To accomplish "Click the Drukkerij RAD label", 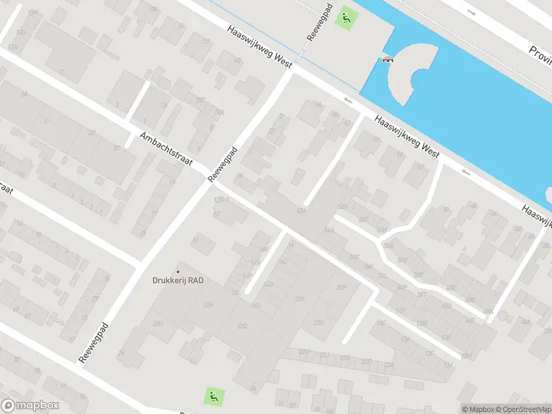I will [x=178, y=280].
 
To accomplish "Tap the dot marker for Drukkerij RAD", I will [x=178, y=271].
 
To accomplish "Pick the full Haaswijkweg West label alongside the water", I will [x=407, y=137].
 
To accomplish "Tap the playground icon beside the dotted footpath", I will [x=345, y=18].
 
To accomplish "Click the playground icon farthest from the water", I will [x=214, y=397].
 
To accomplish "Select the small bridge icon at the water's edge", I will [x=388, y=60].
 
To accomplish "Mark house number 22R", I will [x=208, y=304].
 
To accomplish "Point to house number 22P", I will [x=340, y=287].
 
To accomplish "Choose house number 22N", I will [x=299, y=298].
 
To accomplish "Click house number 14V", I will [x=263, y=249].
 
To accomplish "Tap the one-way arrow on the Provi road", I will [x=471, y=12].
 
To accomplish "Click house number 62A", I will [x=301, y=210].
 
